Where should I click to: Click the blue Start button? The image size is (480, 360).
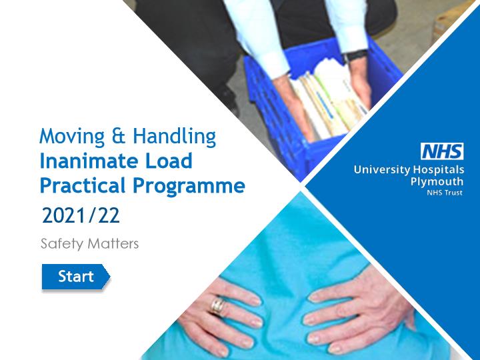click(x=75, y=277)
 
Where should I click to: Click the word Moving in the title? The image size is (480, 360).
click(x=72, y=137)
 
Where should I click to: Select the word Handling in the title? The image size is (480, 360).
click(x=175, y=137)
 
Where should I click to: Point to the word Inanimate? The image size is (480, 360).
click(x=90, y=161)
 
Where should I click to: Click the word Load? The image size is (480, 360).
click(x=169, y=161)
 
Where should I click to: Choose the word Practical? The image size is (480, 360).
click(x=83, y=185)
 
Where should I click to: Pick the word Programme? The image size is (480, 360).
click(x=189, y=187)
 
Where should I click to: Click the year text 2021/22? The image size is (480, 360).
click(x=81, y=215)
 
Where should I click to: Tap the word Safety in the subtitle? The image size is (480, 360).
click(x=62, y=244)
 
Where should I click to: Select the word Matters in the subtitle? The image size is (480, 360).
click(x=113, y=244)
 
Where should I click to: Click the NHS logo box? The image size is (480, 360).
click(x=442, y=151)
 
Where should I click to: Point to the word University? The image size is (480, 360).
click(x=382, y=169)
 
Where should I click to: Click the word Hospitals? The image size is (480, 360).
click(x=439, y=170)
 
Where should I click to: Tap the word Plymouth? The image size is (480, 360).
click(x=437, y=182)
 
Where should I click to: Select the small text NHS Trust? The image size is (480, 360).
click(x=445, y=193)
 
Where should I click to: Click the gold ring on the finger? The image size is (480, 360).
click(x=217, y=306)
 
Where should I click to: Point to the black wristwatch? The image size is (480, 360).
click(x=355, y=56)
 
